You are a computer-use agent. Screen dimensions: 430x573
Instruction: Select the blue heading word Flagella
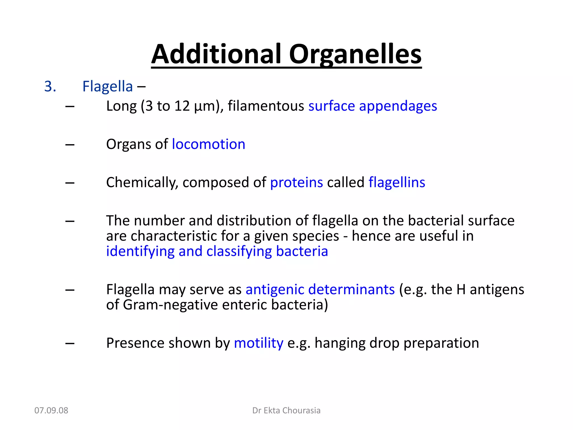(x=107, y=86)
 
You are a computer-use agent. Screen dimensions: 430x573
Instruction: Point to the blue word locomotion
(x=208, y=144)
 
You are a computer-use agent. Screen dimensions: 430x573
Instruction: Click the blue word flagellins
(x=396, y=183)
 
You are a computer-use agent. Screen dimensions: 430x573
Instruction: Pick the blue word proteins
(x=296, y=183)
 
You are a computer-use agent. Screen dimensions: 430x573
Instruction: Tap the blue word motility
(x=259, y=343)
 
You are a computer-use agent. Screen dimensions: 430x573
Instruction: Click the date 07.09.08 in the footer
(x=51, y=410)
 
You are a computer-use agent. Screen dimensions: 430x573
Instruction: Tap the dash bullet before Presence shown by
(x=70, y=343)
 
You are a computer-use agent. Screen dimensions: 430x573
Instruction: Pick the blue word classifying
(x=239, y=251)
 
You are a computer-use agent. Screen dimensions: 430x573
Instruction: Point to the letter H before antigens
(x=461, y=289)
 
